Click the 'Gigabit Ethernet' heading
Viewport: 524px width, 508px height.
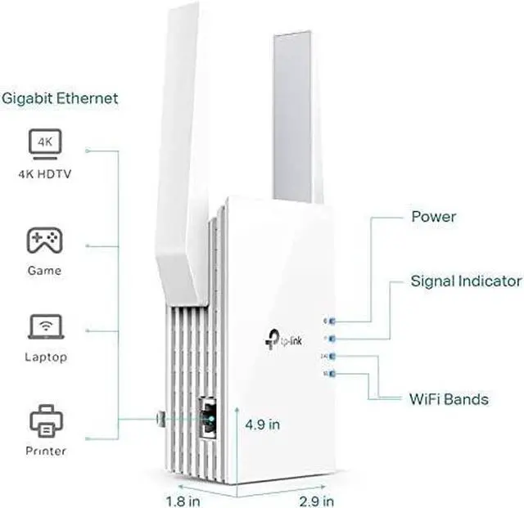click(x=60, y=99)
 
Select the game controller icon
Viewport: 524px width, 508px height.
click(x=44, y=241)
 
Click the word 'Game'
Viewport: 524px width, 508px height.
click(x=44, y=270)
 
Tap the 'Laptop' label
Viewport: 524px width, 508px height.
click(x=44, y=357)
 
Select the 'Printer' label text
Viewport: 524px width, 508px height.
click(x=44, y=451)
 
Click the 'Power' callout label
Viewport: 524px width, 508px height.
click(x=433, y=218)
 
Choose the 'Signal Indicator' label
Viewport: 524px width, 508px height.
click(x=466, y=281)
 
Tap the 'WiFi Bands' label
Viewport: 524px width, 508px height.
click(x=449, y=400)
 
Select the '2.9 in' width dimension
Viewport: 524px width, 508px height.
click(x=316, y=498)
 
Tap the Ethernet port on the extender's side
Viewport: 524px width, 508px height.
click(x=209, y=416)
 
